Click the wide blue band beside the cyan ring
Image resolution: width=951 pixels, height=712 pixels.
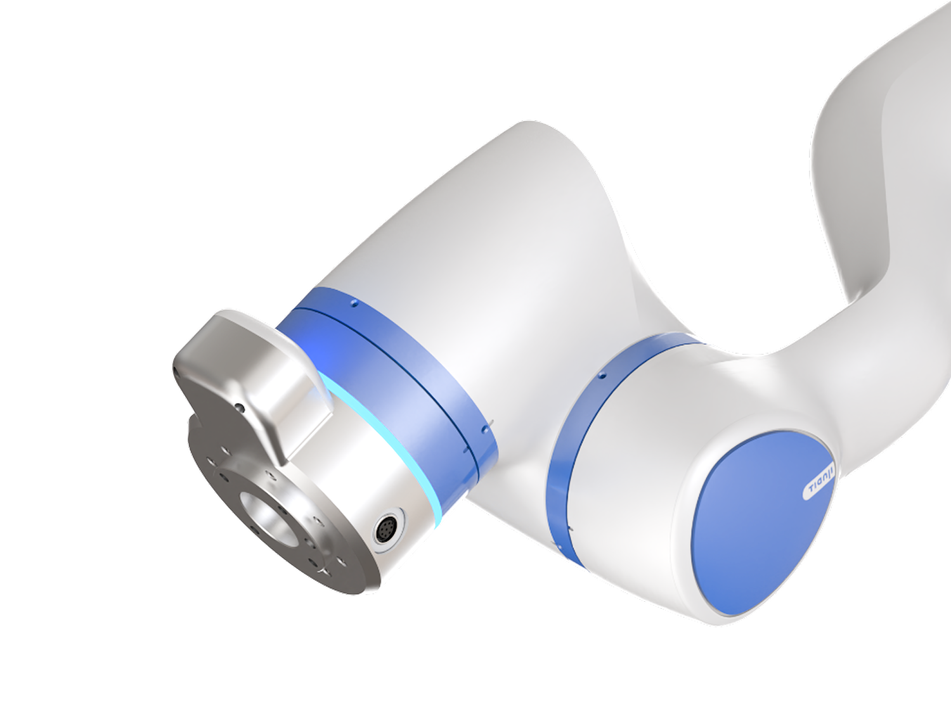pyautogui.click(x=390, y=381)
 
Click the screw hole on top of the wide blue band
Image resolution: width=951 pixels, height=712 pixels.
pyautogui.click(x=355, y=304)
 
